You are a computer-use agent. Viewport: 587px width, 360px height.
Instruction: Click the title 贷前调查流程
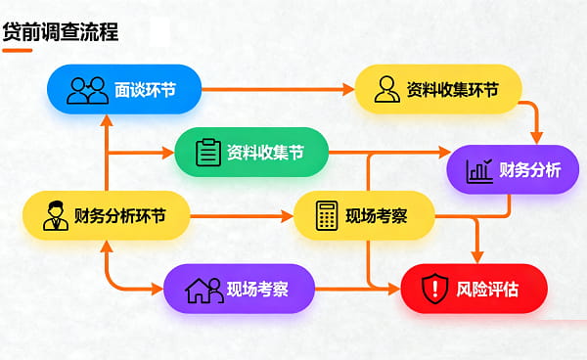(61, 31)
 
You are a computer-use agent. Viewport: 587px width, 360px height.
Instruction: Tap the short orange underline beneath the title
(18, 50)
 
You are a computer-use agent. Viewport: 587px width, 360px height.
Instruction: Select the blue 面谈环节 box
(124, 90)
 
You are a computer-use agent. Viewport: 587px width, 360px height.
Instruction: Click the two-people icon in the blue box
(87, 90)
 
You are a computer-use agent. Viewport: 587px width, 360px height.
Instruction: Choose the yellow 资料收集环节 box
(437, 89)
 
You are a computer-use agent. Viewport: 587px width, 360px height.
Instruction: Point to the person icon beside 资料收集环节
(386, 89)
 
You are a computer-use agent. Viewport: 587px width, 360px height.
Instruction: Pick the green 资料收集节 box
(250, 153)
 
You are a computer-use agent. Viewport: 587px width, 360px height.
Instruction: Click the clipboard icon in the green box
(208, 153)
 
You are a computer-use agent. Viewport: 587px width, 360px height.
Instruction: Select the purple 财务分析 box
(513, 170)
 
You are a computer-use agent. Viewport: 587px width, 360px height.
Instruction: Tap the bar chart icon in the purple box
(479, 170)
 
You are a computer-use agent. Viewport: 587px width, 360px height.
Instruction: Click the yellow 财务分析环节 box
(106, 215)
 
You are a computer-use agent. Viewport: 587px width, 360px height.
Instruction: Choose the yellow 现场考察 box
(364, 215)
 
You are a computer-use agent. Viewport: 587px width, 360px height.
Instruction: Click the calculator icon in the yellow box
(327, 215)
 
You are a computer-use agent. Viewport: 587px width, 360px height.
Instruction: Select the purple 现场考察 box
(240, 289)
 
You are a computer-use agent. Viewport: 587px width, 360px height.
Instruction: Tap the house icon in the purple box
(203, 289)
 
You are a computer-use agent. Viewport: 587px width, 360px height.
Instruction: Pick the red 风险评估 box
(474, 289)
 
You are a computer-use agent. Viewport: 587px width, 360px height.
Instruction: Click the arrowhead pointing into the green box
(168, 153)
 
